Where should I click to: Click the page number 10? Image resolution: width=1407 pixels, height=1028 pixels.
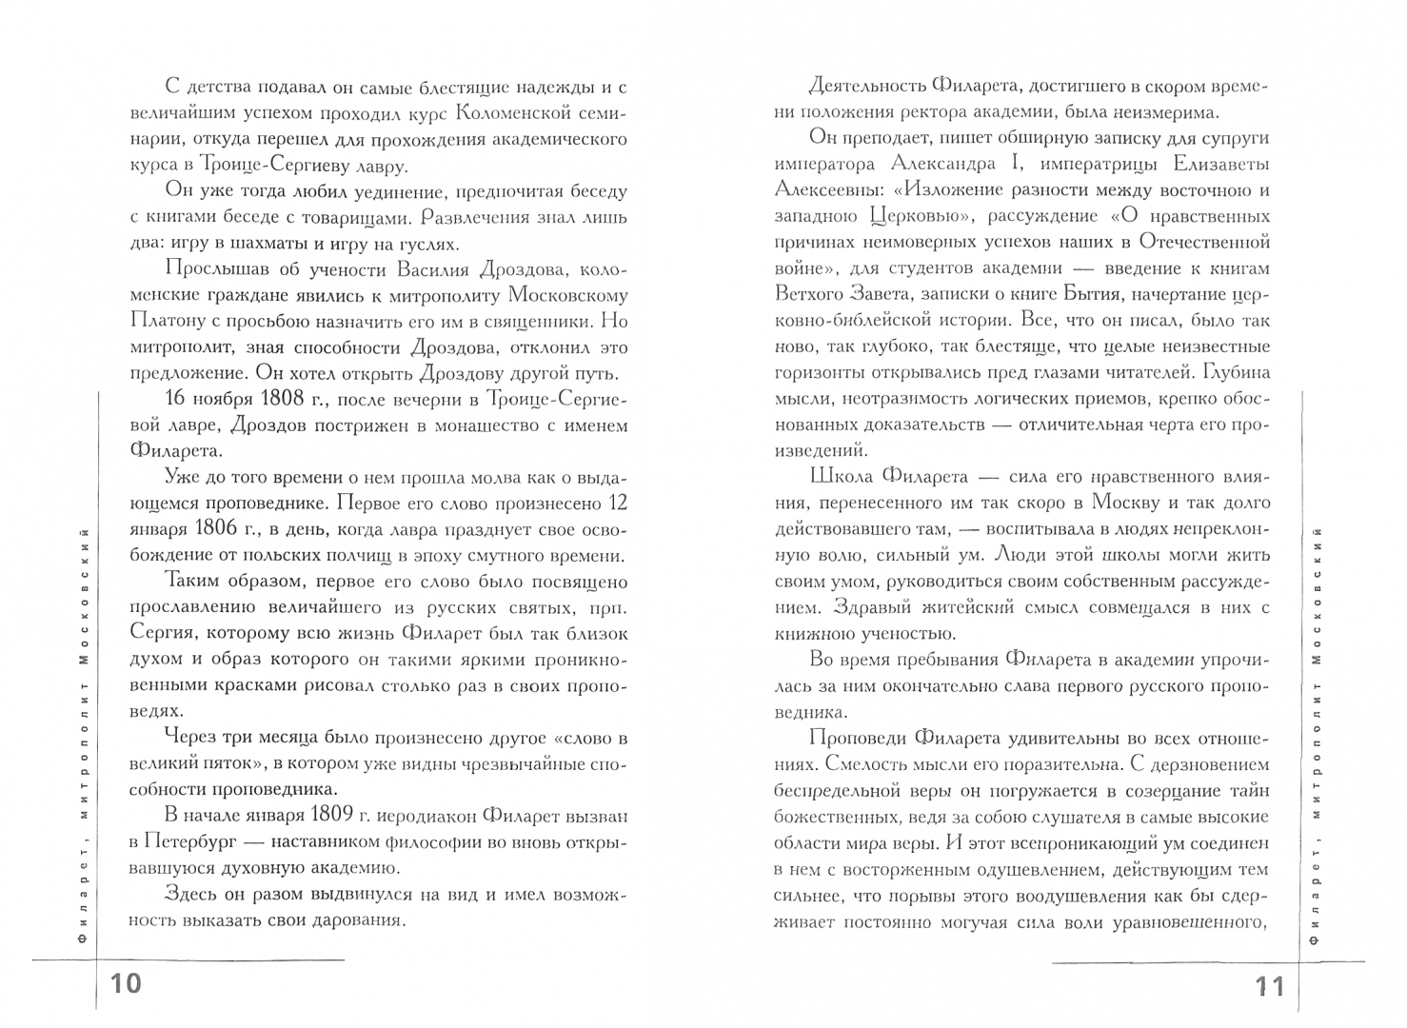pyautogui.click(x=128, y=983)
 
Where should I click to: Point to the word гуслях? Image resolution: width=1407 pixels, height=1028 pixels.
pyautogui.click(x=419, y=244)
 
